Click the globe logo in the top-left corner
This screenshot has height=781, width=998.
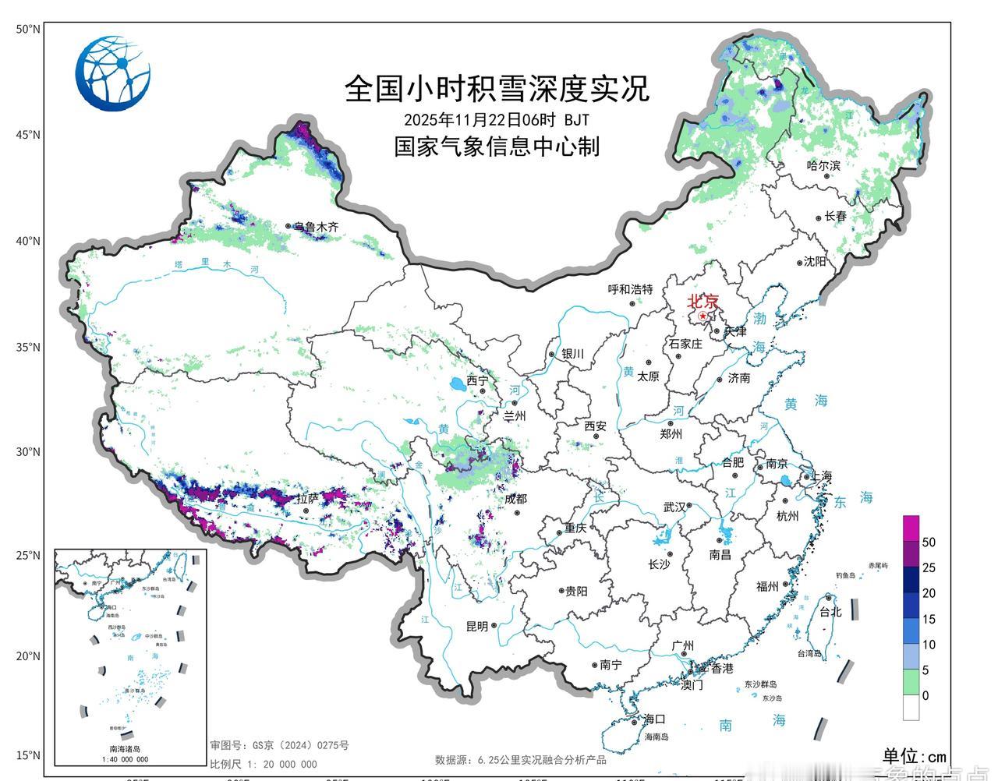coord(112,72)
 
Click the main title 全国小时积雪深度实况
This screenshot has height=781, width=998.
coord(497,89)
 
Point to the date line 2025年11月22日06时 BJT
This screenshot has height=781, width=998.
coord(497,119)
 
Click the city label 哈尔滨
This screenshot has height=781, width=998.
coord(823,165)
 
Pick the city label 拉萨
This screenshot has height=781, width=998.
coord(307,499)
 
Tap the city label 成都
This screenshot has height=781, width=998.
coord(515,499)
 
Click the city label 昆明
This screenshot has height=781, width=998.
coord(476,626)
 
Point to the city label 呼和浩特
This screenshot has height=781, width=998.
coord(630,289)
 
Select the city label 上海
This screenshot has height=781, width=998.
coord(821,475)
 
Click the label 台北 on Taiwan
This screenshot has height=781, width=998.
coord(830,612)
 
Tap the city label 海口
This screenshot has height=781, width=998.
coord(653,719)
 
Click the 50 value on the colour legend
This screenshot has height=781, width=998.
coord(929,542)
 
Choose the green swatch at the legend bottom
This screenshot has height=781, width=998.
coord(911,683)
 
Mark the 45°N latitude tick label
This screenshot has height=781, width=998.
coord(27,135)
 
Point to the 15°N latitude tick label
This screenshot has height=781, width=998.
coord(27,754)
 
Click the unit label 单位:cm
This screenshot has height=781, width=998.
coord(914,756)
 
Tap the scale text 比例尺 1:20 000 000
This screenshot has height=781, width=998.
coord(264,764)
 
